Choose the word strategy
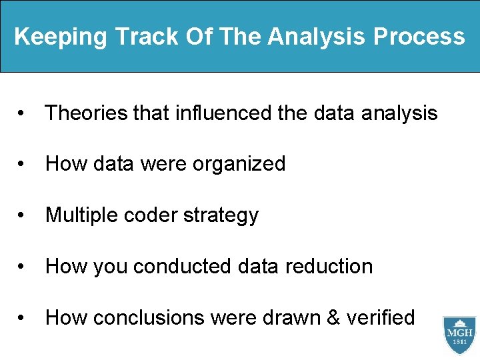(x=221, y=215)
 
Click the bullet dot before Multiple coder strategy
(x=24, y=216)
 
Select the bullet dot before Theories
(x=24, y=114)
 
